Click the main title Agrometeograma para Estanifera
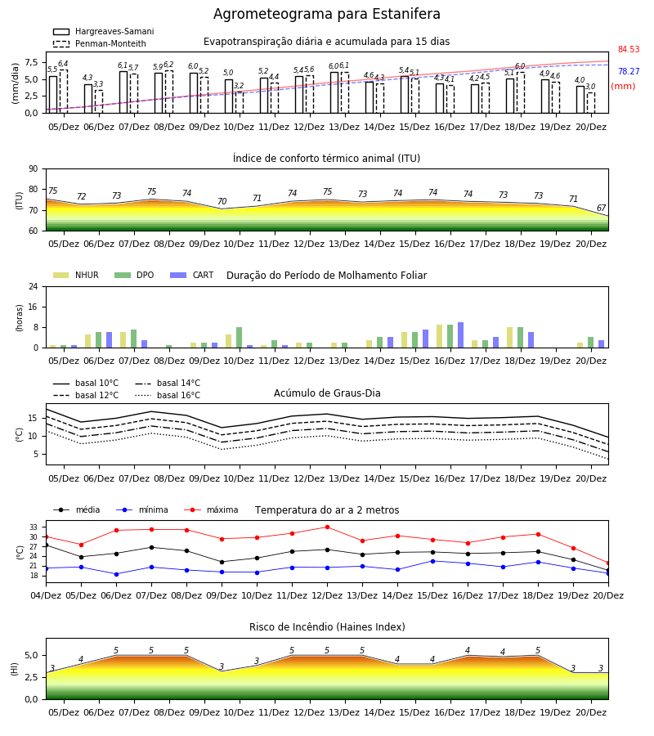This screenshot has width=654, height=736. [x=326, y=14]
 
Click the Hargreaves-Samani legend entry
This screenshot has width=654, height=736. [x=104, y=31]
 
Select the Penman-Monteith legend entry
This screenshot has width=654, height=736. [x=100, y=43]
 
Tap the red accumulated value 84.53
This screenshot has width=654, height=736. [x=629, y=49]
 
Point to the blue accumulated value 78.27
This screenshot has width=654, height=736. [x=629, y=71]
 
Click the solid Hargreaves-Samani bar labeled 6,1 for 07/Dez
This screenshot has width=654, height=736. [x=123, y=92]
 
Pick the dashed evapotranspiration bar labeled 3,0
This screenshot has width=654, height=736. [x=591, y=103]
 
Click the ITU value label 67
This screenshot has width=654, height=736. [x=601, y=208]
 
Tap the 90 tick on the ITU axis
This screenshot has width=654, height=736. [x=34, y=169]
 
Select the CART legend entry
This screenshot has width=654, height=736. [x=192, y=275]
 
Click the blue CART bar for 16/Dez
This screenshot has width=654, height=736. [x=461, y=335]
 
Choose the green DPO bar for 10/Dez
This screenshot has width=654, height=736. [x=240, y=338]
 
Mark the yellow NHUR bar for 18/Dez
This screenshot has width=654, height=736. [x=510, y=338]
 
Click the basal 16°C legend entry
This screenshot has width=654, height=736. [x=168, y=395]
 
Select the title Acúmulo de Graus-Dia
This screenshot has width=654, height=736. [x=327, y=393]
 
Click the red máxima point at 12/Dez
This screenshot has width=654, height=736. [x=327, y=527]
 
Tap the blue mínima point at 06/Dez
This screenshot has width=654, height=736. [x=116, y=574]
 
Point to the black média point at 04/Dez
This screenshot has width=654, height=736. [x=46, y=545]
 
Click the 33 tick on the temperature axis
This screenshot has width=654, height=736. [x=34, y=527]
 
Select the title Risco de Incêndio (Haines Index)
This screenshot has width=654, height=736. [x=327, y=627]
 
